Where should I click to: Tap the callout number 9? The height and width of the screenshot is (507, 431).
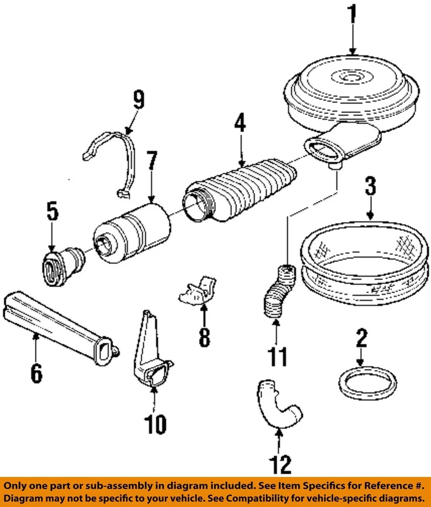pyautogui.click(x=138, y=100)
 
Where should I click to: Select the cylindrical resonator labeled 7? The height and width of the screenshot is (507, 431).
pyautogui.click(x=132, y=232)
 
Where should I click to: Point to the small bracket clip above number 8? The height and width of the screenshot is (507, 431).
pyautogui.click(x=198, y=290)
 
